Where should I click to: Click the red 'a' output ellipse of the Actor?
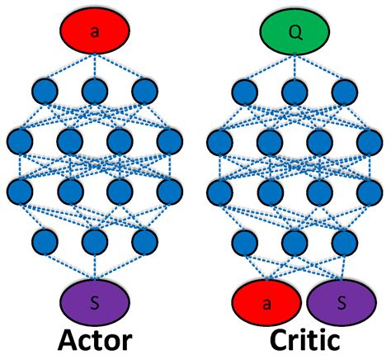click(95, 31)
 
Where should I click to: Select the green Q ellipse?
click(295, 31)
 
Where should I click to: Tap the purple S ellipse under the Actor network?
click(96, 301)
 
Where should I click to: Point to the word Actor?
click(95, 342)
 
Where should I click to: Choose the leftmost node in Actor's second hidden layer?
click(21, 140)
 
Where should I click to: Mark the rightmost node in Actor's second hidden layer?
click(169, 140)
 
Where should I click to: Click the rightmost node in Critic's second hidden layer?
click(369, 140)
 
